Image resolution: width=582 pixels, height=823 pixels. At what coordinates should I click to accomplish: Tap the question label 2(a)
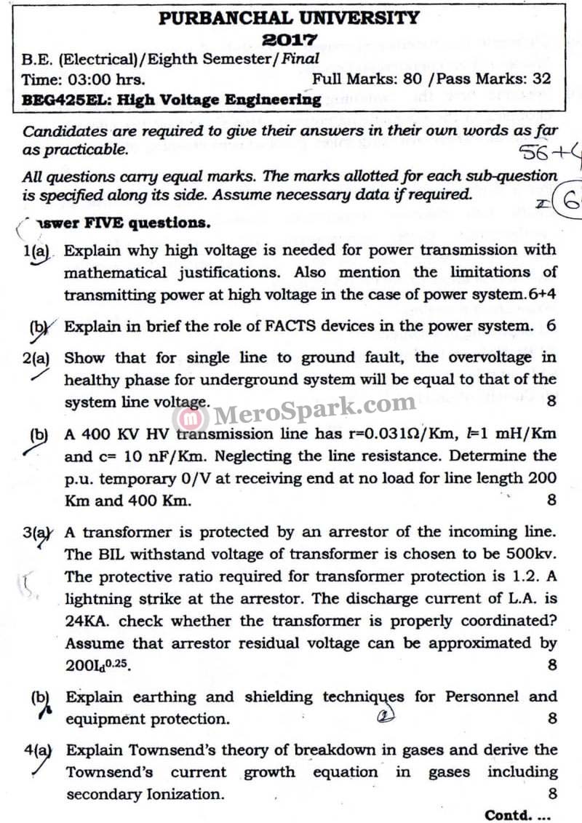36,358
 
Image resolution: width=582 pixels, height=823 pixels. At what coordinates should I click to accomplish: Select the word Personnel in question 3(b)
477,696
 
